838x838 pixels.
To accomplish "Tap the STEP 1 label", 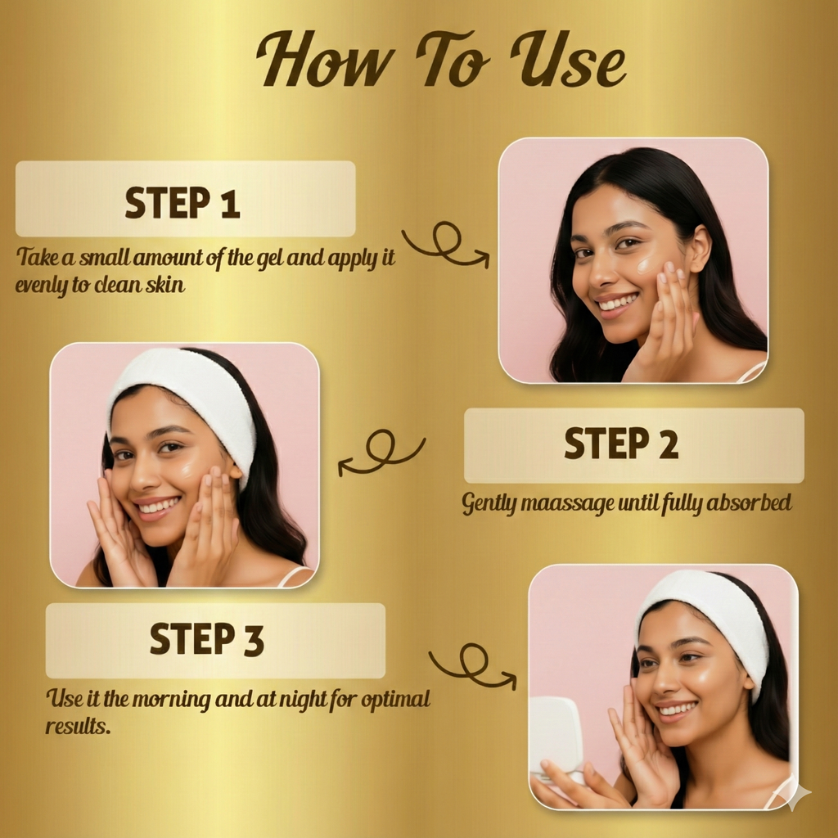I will coord(183,202).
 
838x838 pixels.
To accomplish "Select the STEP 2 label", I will coord(622,444).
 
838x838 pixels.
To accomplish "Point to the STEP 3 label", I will coord(207,639).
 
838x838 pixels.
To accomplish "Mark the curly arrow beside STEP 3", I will coord(471,665).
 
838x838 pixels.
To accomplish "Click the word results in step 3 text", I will coord(78,726).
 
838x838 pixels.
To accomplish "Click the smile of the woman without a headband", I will coord(618,303).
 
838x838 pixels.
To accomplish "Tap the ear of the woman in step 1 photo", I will coord(700,250).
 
